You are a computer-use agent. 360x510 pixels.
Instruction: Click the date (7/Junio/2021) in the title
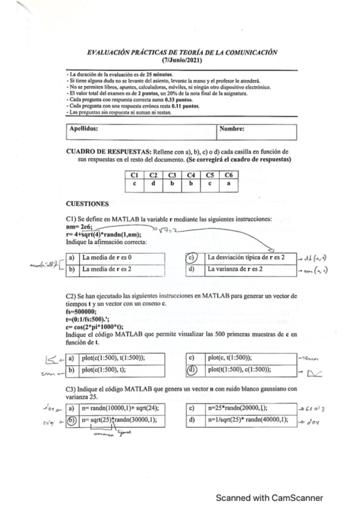pyautogui.click(x=182, y=61)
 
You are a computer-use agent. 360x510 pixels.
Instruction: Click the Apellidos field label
pyautogui.click(x=84, y=129)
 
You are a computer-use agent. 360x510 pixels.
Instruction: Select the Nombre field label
pyautogui.click(x=231, y=129)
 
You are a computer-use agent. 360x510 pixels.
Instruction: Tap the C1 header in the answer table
pyautogui.click(x=135, y=174)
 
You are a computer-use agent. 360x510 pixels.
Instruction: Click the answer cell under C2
pyautogui.click(x=153, y=183)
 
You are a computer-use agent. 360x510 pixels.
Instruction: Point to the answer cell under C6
pyautogui.click(x=228, y=183)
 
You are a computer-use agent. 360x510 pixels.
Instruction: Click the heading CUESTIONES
pyautogui.click(x=87, y=204)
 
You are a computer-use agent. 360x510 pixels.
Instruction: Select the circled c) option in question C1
pyautogui.click(x=191, y=257)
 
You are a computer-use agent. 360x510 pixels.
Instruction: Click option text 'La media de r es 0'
pyautogui.click(x=112, y=257)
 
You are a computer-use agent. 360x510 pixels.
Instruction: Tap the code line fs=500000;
pyautogui.click(x=82, y=313)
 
